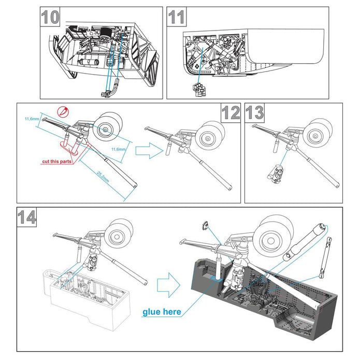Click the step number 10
(50, 17)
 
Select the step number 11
(177, 17)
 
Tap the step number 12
(231, 113)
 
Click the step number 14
(26, 217)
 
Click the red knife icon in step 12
(63, 111)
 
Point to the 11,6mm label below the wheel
(119, 149)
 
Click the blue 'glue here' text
(162, 311)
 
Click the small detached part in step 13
(278, 173)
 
